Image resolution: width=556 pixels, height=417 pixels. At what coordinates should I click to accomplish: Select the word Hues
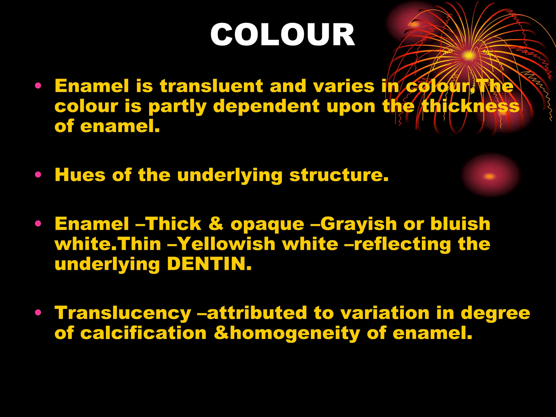[80, 175]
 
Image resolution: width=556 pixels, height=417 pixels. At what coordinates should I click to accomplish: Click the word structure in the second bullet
[339, 175]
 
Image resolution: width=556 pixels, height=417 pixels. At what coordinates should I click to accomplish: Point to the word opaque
[267, 224]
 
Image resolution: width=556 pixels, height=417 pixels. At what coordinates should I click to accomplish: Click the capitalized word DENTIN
[209, 264]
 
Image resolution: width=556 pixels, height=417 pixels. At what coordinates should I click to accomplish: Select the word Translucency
[123, 313]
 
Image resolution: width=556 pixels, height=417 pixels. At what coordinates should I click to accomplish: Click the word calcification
[143, 333]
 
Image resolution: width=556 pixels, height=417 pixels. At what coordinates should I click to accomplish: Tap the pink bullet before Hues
[38, 174]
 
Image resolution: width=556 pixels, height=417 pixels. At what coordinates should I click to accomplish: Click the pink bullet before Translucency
[38, 312]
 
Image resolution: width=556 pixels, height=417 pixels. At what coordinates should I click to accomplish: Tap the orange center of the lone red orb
[489, 176]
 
